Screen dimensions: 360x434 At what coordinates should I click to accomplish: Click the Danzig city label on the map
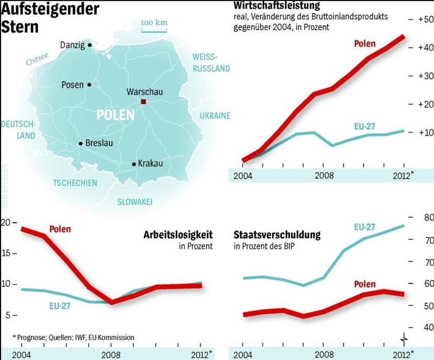(x=72, y=45)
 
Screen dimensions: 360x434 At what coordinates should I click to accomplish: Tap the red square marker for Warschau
(x=143, y=102)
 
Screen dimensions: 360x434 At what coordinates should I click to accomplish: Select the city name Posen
(x=72, y=85)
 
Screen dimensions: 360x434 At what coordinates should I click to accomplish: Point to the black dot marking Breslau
(x=81, y=143)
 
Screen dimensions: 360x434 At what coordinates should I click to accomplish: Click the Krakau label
(x=151, y=164)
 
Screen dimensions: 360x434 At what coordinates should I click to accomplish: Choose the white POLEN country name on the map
(x=116, y=115)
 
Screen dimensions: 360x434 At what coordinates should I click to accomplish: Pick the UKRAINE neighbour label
(x=214, y=115)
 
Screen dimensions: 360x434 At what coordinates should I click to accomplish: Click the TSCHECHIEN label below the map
(x=75, y=183)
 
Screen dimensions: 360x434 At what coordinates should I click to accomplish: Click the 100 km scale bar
(x=154, y=30)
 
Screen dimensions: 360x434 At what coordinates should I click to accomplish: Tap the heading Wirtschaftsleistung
(x=277, y=6)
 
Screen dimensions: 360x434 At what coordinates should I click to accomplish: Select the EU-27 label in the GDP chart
(x=364, y=126)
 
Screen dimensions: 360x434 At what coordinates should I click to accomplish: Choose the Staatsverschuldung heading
(x=277, y=235)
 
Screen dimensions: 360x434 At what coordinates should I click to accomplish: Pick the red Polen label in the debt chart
(x=364, y=284)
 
